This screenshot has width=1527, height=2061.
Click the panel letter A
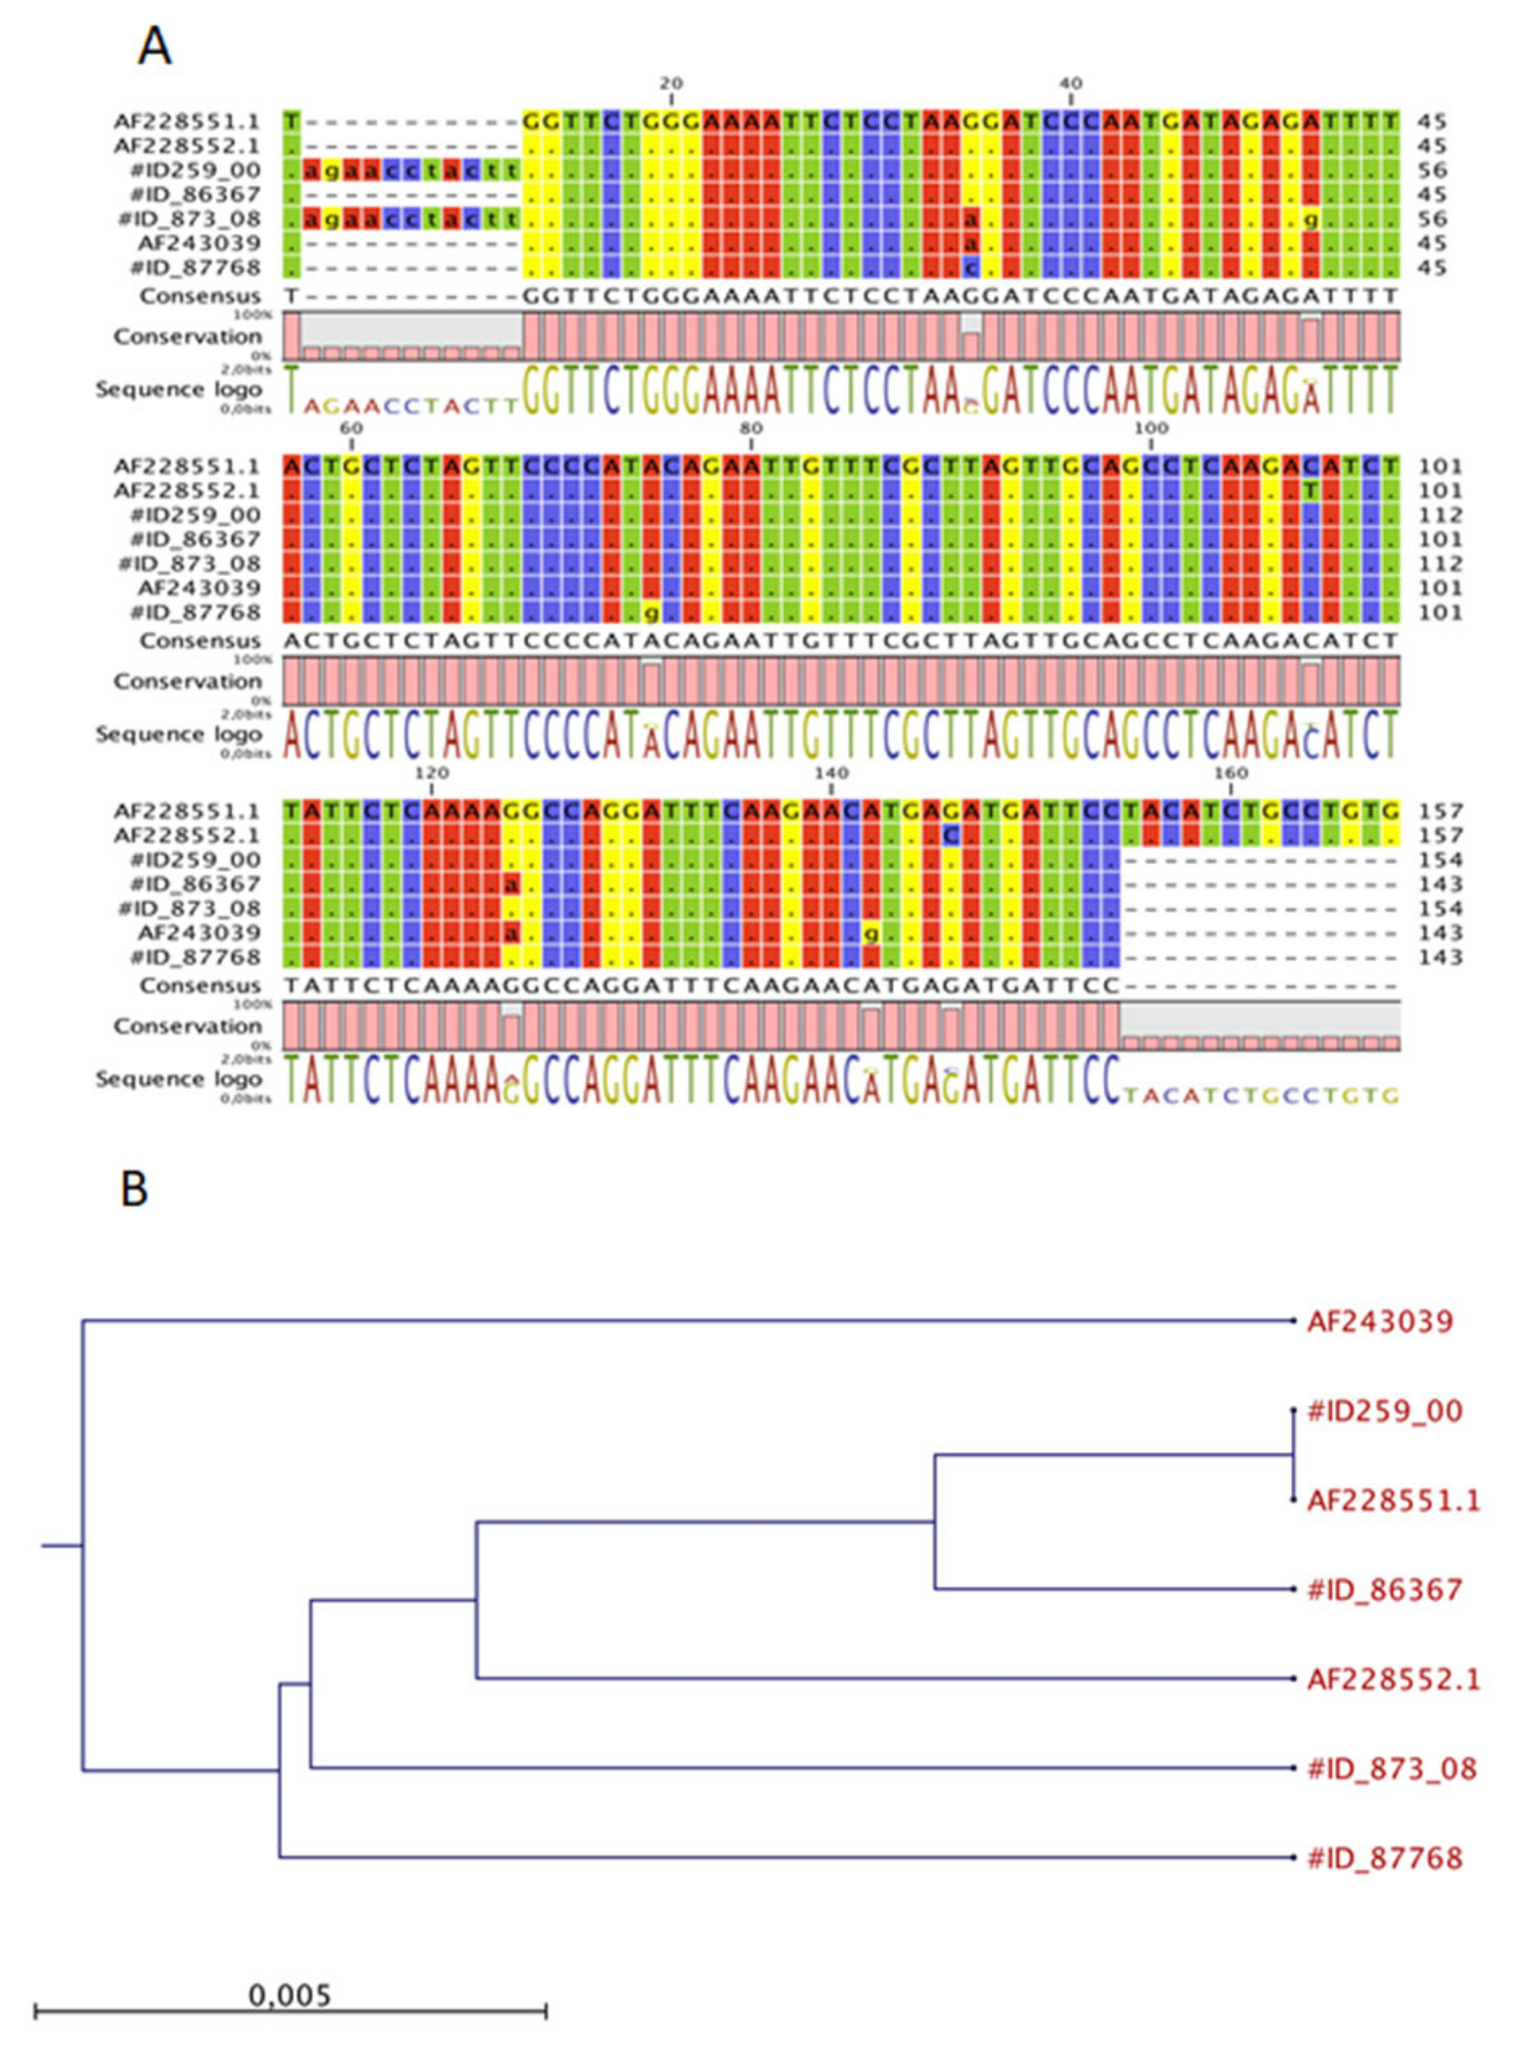pyautogui.click(x=154, y=46)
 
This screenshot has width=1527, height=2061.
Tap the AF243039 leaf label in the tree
pyautogui.click(x=1379, y=1322)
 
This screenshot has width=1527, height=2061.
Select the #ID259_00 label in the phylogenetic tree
pyautogui.click(x=1384, y=1411)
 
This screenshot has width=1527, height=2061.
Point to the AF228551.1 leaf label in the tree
pyautogui.click(x=1393, y=1501)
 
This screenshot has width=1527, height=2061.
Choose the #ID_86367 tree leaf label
pyautogui.click(x=1384, y=1590)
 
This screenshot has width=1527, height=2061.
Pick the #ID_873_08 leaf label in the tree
pyautogui.click(x=1392, y=1768)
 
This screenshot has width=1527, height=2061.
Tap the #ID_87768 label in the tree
pyautogui.click(x=1384, y=1857)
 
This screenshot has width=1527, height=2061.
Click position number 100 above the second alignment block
pyautogui.click(x=1150, y=428)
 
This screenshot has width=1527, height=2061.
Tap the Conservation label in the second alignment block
pyautogui.click(x=187, y=681)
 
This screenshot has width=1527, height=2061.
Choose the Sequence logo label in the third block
pyautogui.click(x=178, y=1078)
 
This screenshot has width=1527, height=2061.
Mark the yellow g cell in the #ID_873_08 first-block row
pyautogui.click(x=1311, y=219)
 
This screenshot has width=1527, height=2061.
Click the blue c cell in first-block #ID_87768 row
pyautogui.click(x=970, y=268)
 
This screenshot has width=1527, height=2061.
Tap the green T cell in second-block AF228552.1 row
pyautogui.click(x=1311, y=490)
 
